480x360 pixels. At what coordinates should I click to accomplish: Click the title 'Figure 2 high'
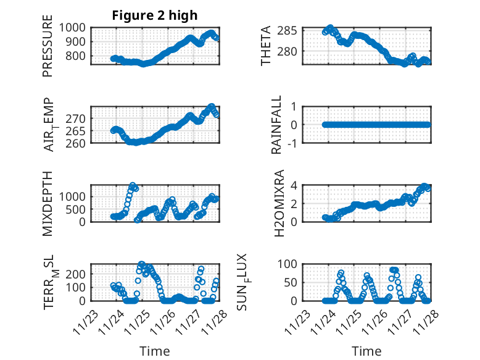tap(154, 15)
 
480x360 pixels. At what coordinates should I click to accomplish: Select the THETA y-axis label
tap(267, 46)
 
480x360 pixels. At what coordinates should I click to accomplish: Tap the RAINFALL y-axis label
tap(278, 125)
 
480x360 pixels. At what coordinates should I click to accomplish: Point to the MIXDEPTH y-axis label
tap(48, 203)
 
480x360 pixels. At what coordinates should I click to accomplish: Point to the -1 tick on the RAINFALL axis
tap(294, 143)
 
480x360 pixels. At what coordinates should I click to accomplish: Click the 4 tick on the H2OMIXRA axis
tap(296, 185)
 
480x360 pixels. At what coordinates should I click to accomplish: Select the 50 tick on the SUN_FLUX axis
tap(292, 282)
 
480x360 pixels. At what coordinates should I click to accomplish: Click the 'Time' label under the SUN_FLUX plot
tap(366, 351)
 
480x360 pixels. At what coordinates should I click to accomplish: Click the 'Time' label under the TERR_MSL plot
tap(154, 351)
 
